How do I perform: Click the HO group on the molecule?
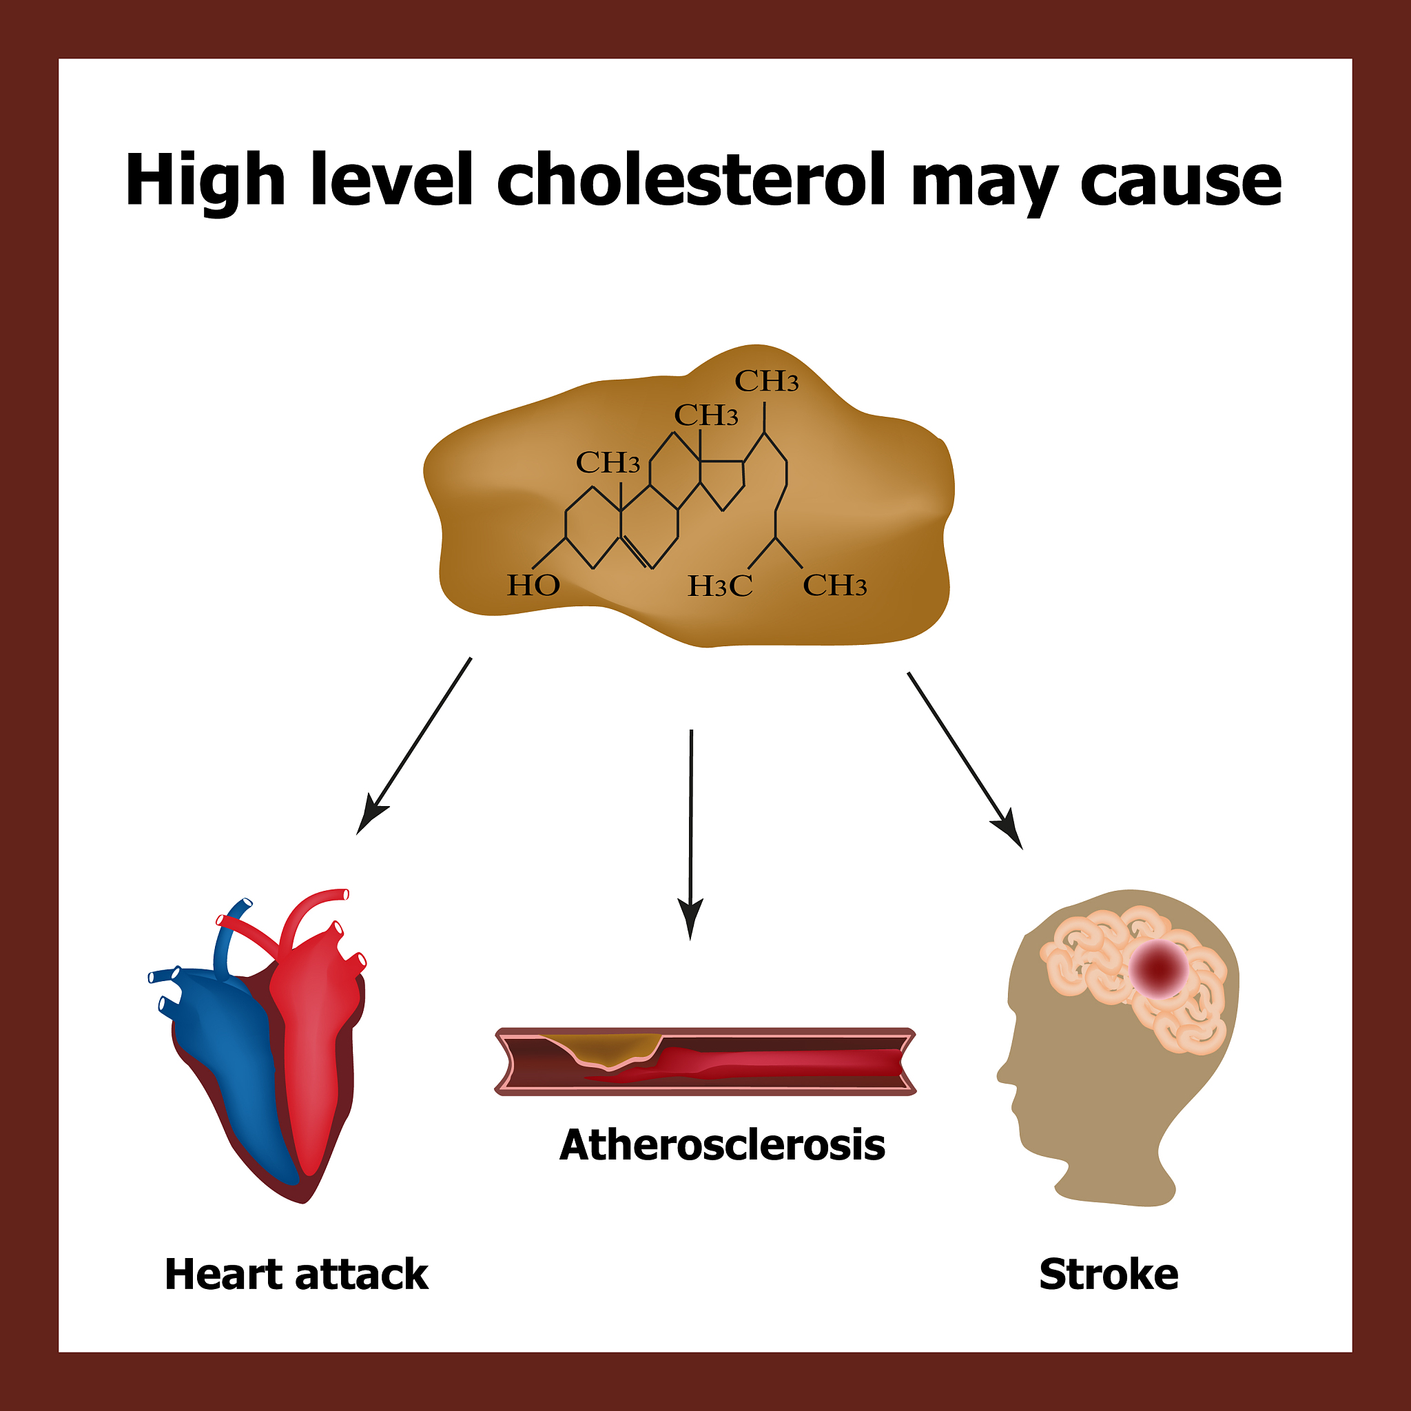(x=533, y=585)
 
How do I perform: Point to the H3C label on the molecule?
(x=720, y=586)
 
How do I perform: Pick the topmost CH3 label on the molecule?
(x=766, y=380)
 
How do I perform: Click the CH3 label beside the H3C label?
(x=835, y=585)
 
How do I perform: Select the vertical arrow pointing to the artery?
(x=690, y=834)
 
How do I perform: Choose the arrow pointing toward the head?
(x=965, y=761)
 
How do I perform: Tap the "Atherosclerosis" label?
(x=722, y=1144)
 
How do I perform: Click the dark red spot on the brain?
(x=1159, y=969)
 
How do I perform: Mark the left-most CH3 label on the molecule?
(x=608, y=462)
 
